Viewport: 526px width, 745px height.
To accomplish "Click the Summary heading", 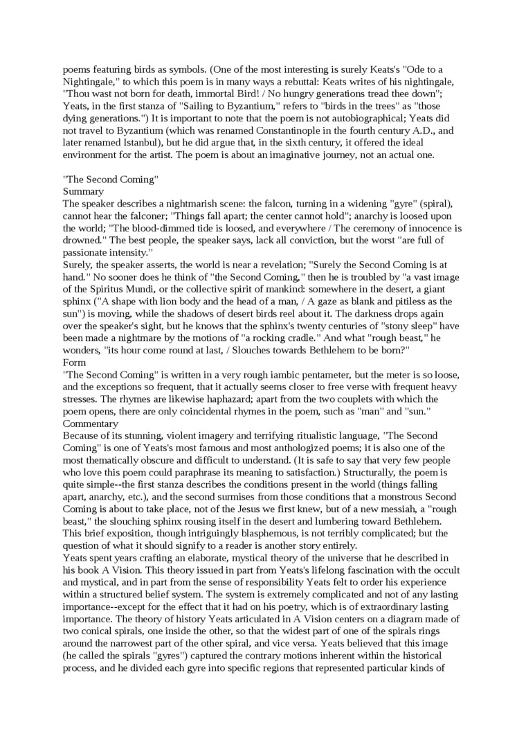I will (x=83, y=191).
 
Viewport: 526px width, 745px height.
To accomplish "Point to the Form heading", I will (x=75, y=362).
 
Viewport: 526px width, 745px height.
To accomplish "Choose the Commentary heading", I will (x=91, y=423).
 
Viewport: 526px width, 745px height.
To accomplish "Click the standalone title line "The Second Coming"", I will (x=111, y=179).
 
